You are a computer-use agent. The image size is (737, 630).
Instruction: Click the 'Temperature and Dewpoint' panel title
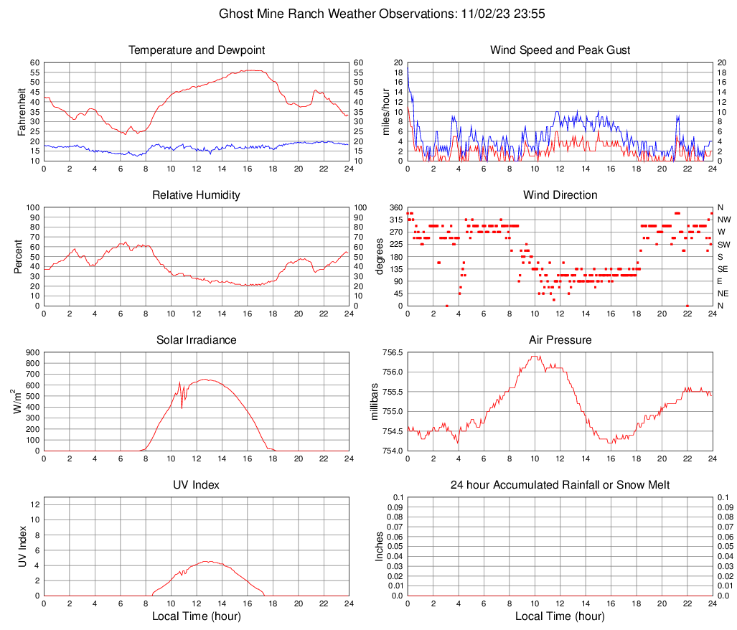[197, 50]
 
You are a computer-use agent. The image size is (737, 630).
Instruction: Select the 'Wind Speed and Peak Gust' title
[560, 50]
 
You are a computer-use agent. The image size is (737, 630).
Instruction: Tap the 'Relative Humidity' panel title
[197, 195]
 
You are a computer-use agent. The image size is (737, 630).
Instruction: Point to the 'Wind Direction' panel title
[560, 195]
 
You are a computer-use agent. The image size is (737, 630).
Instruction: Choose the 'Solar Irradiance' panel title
[197, 340]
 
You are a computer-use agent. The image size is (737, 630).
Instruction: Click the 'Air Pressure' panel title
[560, 340]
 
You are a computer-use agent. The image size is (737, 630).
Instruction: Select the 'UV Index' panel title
[197, 485]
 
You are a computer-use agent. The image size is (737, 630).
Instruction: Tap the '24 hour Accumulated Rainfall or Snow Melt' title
[560, 485]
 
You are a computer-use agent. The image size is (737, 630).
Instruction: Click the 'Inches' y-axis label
[380, 546]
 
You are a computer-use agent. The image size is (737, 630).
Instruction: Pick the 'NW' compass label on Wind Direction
[724, 220]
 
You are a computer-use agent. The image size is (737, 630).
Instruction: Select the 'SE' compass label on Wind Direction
[723, 269]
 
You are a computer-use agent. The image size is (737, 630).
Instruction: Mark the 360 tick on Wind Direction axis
[395, 207]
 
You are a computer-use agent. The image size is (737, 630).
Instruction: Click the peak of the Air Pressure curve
[535, 356]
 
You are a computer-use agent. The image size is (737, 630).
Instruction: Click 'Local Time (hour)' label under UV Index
[197, 616]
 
